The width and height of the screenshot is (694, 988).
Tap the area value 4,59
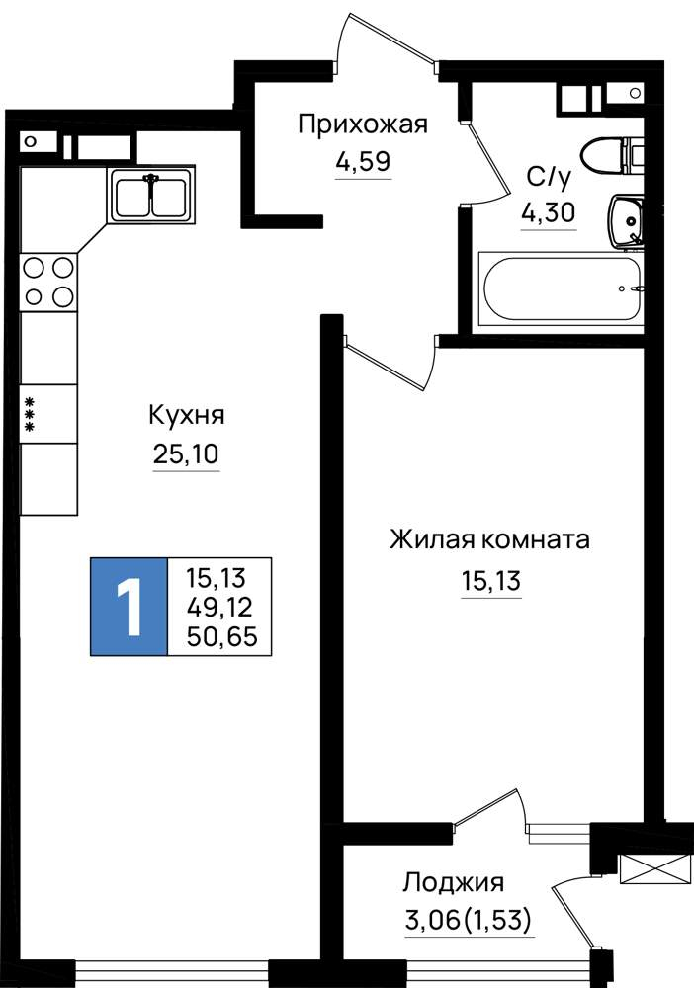coord(363,162)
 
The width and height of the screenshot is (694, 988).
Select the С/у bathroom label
coord(549,178)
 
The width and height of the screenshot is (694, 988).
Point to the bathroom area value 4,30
coord(549,213)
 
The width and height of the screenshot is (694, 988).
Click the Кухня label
coord(187,416)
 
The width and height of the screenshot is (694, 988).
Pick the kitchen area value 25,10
coord(186,453)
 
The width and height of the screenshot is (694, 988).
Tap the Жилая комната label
coord(489,540)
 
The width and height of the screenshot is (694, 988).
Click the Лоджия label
coord(453,883)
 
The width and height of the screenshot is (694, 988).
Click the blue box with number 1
coord(130,607)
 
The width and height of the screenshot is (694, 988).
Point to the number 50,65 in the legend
coord(221,637)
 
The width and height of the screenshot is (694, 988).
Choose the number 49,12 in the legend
coord(219,607)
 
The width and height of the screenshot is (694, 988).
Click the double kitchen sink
coord(150,195)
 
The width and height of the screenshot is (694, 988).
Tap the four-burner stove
coord(48,283)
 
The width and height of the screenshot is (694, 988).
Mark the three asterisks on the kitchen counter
coord(29,414)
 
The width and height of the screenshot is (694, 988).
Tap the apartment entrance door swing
coord(386,38)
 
